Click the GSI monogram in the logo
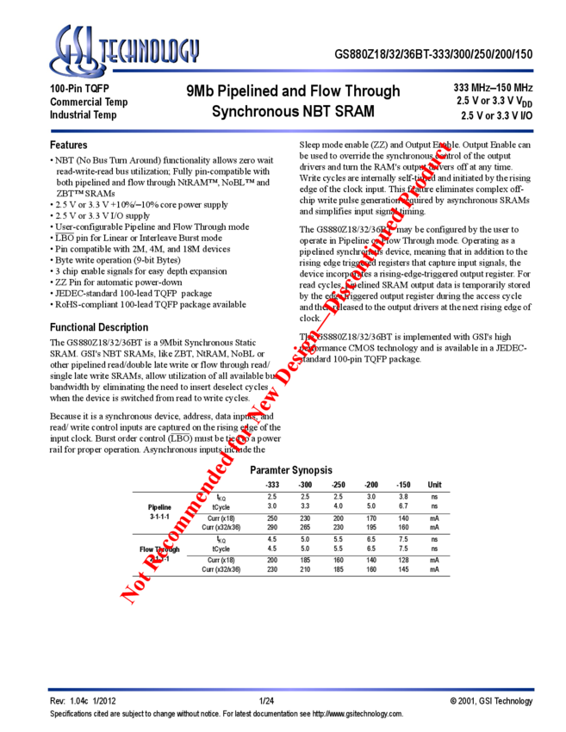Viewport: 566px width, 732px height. click(76, 51)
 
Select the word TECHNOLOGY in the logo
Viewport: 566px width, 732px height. click(152, 53)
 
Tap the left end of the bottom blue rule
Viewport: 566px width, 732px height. click(48, 689)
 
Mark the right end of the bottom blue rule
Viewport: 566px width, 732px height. click(534, 689)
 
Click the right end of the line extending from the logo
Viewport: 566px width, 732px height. click(533, 71)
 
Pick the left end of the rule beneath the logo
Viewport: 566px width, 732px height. click(51, 131)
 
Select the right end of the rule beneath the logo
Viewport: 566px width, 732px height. click(533, 131)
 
